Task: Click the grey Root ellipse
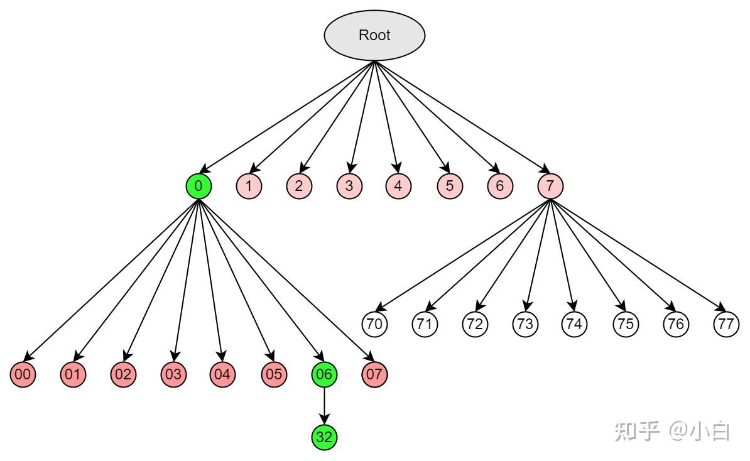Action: pyautogui.click(x=374, y=35)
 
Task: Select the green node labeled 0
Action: pyautogui.click(x=198, y=186)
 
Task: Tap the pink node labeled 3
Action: pyautogui.click(x=349, y=186)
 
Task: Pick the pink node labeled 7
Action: pyautogui.click(x=550, y=186)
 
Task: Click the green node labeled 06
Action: pyautogui.click(x=324, y=375)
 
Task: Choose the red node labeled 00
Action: pyautogui.click(x=23, y=375)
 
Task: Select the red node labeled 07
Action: pyautogui.click(x=374, y=375)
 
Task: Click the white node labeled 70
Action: pyautogui.click(x=375, y=324)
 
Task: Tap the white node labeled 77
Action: pyautogui.click(x=726, y=324)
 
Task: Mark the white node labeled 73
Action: pyautogui.click(x=525, y=324)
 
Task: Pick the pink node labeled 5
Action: pyautogui.click(x=450, y=186)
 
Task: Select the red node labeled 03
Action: pyautogui.click(x=174, y=375)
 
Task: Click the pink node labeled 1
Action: pyautogui.click(x=249, y=186)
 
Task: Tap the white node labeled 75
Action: pyautogui.click(x=626, y=324)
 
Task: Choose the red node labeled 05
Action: pyautogui.click(x=274, y=375)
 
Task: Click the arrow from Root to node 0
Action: pyautogui.click(x=289, y=116)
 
